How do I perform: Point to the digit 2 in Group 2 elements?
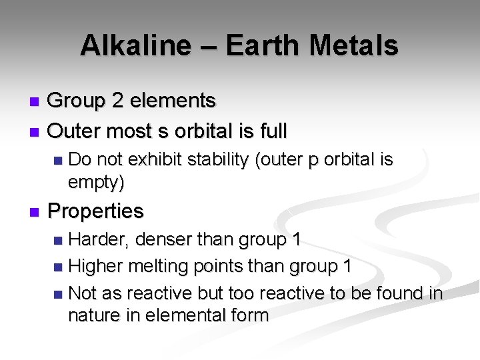(x=117, y=101)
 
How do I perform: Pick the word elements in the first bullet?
(x=173, y=101)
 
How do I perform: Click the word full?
(x=272, y=131)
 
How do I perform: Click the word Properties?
(x=96, y=211)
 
